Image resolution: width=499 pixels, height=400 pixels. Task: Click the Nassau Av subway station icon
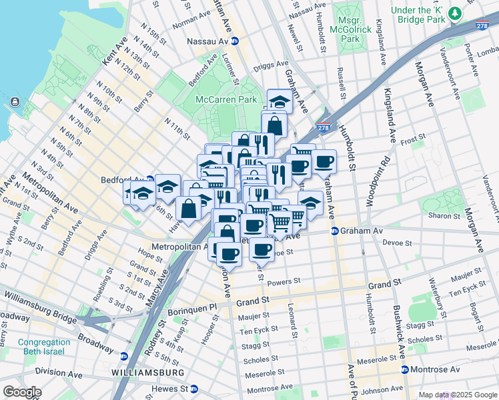click(235, 41)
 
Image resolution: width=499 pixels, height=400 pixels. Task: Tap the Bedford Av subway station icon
click(150, 180)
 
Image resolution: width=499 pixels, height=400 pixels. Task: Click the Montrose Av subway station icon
click(405, 369)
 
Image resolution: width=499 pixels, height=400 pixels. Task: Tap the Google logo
click(21, 392)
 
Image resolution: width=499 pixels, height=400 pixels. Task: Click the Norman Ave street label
click(191, 23)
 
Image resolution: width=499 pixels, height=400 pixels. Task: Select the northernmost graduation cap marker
click(280, 101)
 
